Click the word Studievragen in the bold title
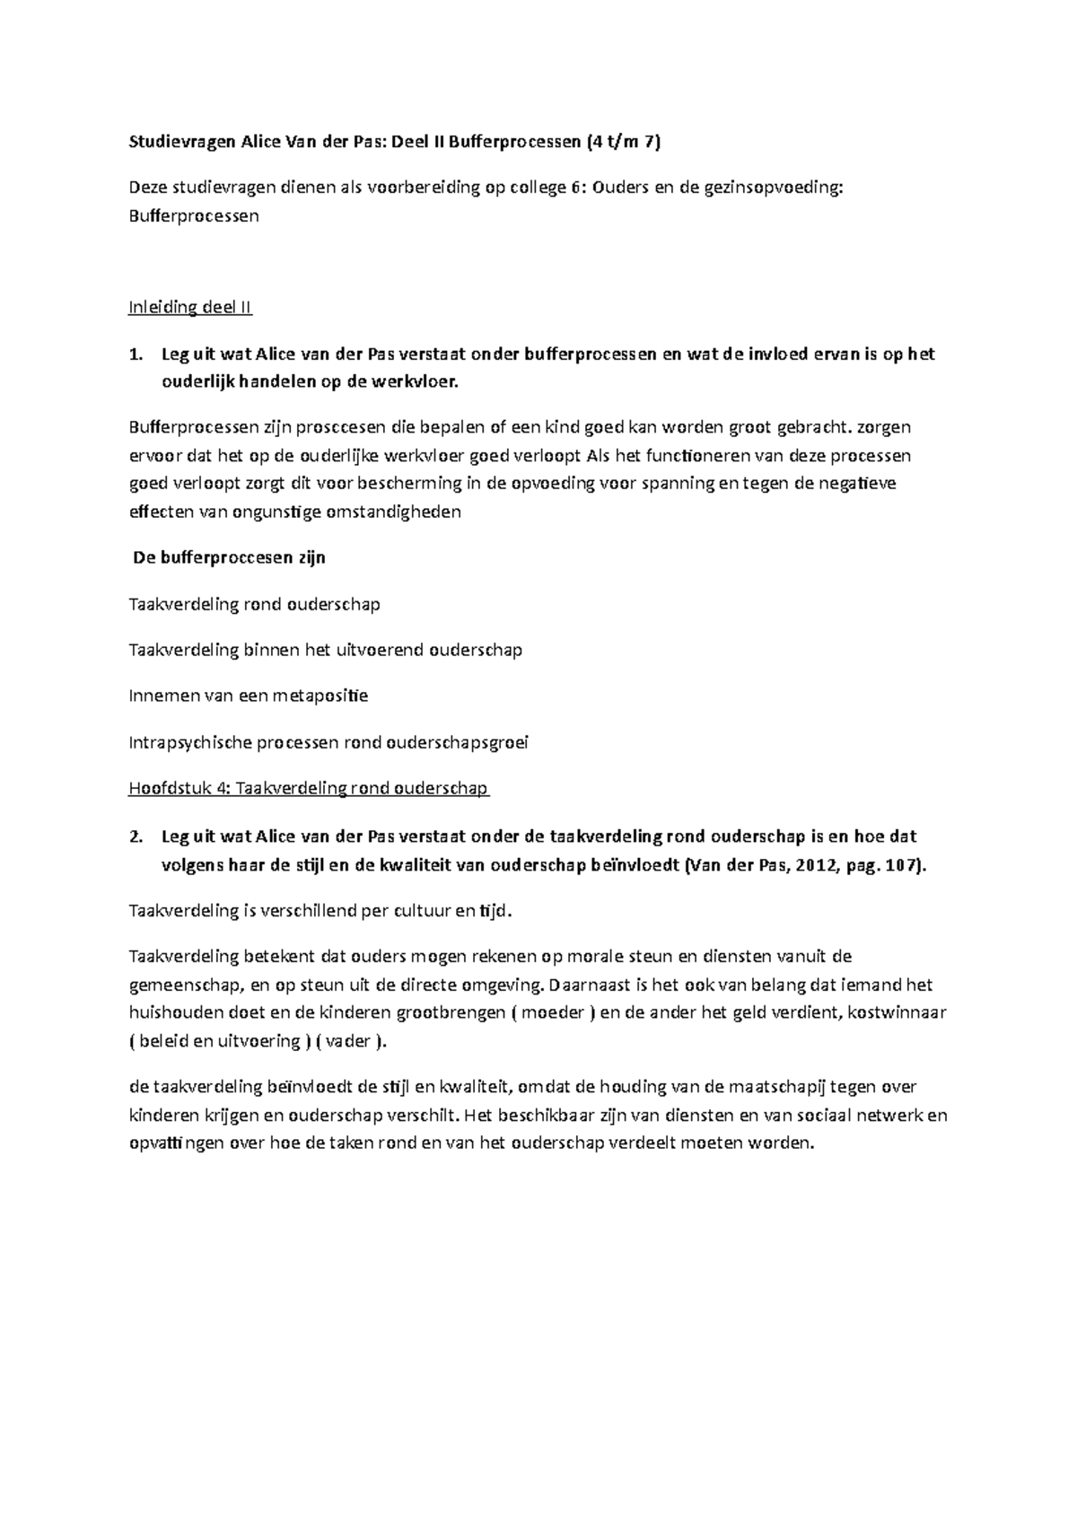click(x=179, y=141)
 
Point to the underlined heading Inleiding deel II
click(x=190, y=308)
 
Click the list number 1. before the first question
click(x=136, y=355)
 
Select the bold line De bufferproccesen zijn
click(x=229, y=557)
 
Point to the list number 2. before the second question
click(x=136, y=837)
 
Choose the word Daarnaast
click(x=588, y=985)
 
